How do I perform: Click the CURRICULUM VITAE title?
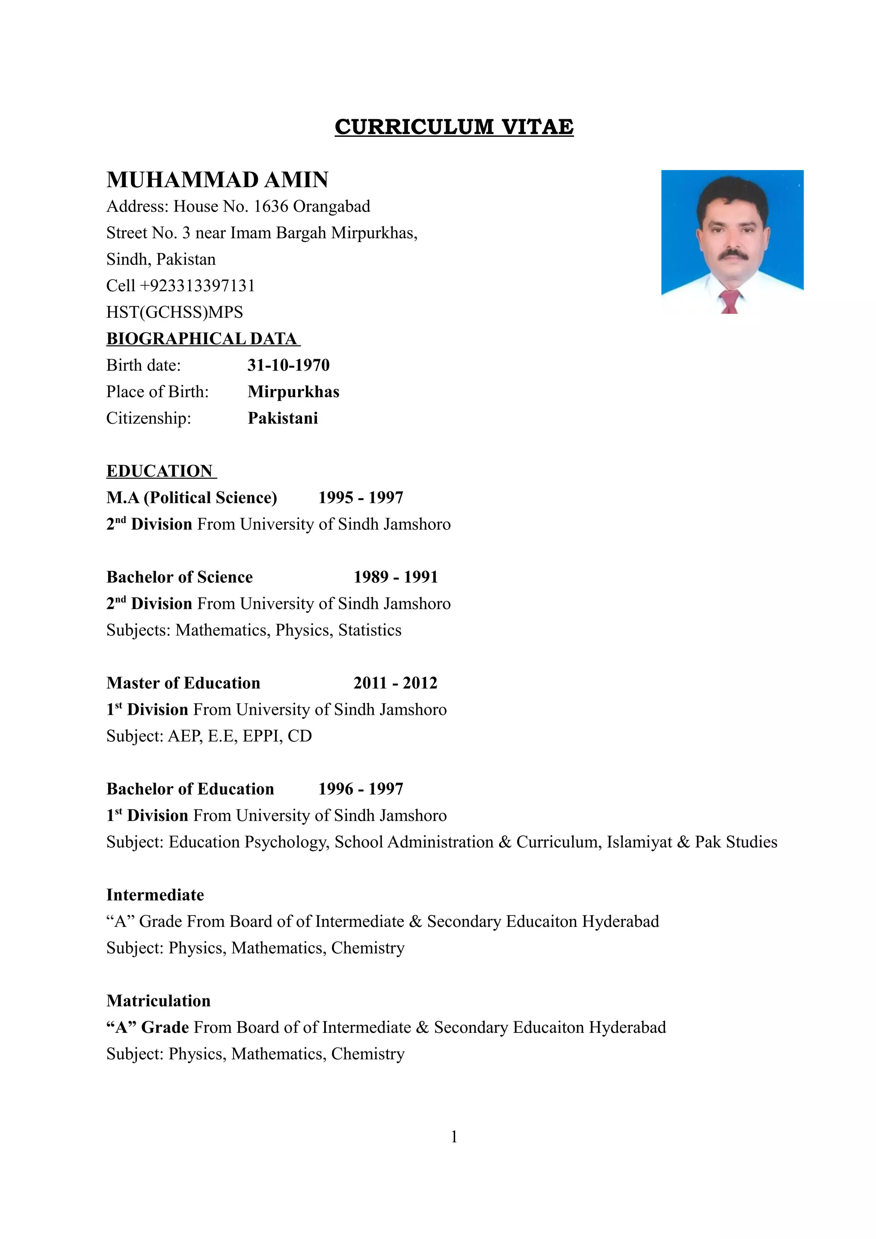point(453,127)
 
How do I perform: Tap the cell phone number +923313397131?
point(197,286)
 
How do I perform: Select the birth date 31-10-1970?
point(288,366)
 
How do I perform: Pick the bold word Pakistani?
point(283,418)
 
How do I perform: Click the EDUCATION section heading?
point(160,471)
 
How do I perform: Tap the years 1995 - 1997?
point(361,498)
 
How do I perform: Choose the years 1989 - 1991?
point(396,577)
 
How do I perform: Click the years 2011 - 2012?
point(395,683)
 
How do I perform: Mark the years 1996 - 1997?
point(361,789)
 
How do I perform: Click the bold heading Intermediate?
point(155,895)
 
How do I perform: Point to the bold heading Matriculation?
point(158,1001)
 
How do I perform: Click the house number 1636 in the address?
point(271,206)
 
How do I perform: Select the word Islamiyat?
point(639,842)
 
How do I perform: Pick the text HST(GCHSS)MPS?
point(175,313)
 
